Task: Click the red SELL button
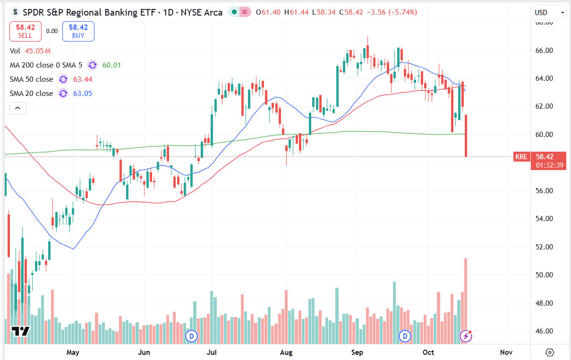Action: point(25,31)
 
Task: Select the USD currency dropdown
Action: point(549,12)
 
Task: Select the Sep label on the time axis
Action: point(357,352)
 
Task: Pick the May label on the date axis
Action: point(73,352)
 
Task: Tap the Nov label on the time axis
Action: point(506,352)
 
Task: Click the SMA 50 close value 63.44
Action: point(83,79)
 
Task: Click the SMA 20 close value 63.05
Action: point(83,94)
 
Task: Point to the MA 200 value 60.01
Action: point(112,65)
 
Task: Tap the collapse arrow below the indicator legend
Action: point(17,108)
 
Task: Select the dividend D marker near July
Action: point(191,336)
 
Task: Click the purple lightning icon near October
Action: point(466,336)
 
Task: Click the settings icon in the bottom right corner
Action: point(550,352)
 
